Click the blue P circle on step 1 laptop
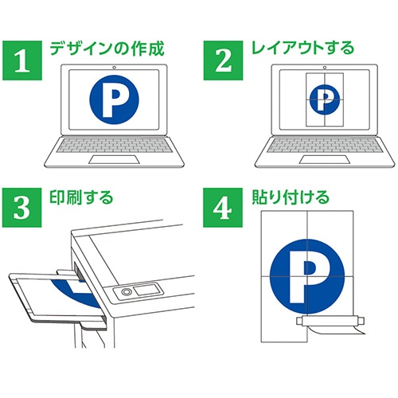pyautogui.click(x=114, y=100)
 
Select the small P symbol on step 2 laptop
pyautogui.click(x=323, y=99)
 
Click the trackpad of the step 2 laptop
pyautogui.click(x=323, y=159)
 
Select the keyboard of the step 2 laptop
pyautogui.click(x=323, y=147)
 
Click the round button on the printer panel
pyautogui.click(x=126, y=293)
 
